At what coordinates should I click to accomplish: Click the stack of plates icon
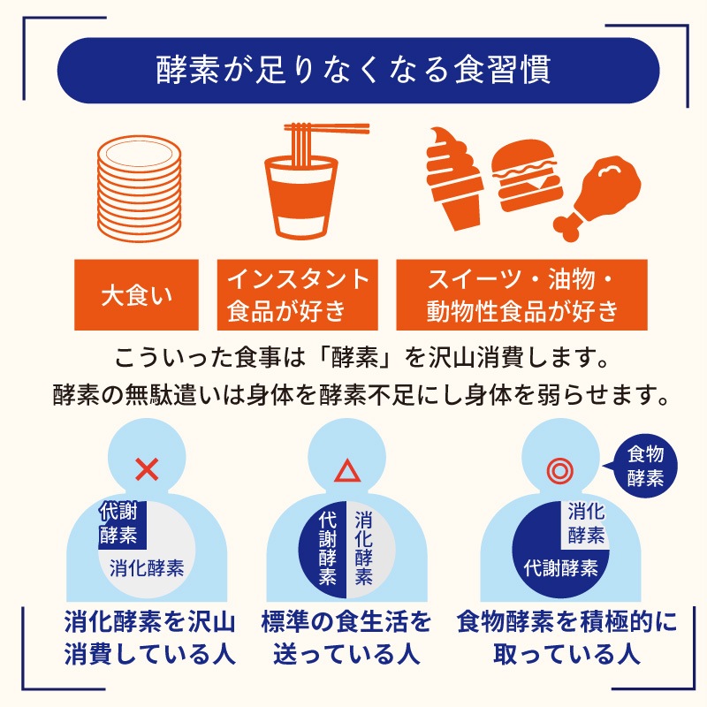[140, 188]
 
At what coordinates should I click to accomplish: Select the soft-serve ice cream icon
[454, 179]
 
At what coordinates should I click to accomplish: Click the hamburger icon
[527, 176]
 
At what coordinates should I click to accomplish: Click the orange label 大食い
[136, 295]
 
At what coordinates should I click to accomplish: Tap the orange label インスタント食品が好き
[298, 295]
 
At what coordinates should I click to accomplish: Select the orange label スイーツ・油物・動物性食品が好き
[521, 295]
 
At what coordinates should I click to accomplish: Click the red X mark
[147, 469]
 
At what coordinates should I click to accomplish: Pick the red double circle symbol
[560, 471]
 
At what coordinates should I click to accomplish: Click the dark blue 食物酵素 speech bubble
[644, 467]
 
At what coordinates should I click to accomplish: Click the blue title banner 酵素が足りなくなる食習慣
[358, 71]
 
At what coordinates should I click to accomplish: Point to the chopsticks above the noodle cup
[326, 128]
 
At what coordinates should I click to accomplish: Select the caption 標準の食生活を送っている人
[346, 637]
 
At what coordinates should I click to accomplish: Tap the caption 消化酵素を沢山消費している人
[149, 637]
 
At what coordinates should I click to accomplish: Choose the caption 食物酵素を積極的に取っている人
[566, 637]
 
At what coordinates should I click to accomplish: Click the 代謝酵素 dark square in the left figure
[123, 525]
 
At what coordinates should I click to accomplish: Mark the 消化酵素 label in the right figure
[586, 524]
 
